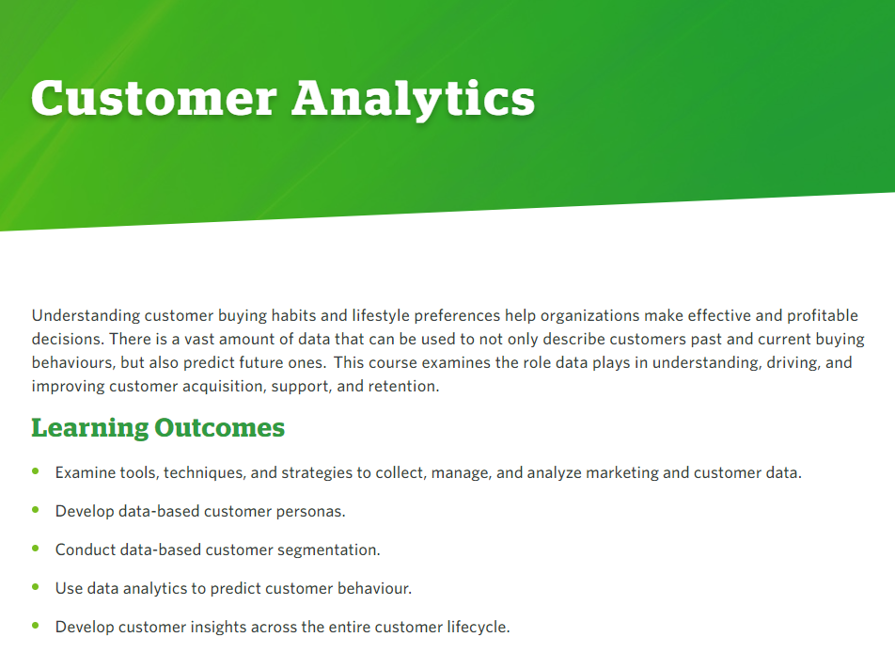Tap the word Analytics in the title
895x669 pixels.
pos(414,98)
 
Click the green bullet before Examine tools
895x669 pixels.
pos(37,470)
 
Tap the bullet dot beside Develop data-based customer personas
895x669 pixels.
pos(37,510)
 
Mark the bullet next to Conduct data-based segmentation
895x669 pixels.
pos(37,548)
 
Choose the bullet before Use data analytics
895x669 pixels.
pos(37,587)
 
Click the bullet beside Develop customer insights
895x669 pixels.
pos(37,625)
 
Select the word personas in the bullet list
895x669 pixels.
pos(311,512)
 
